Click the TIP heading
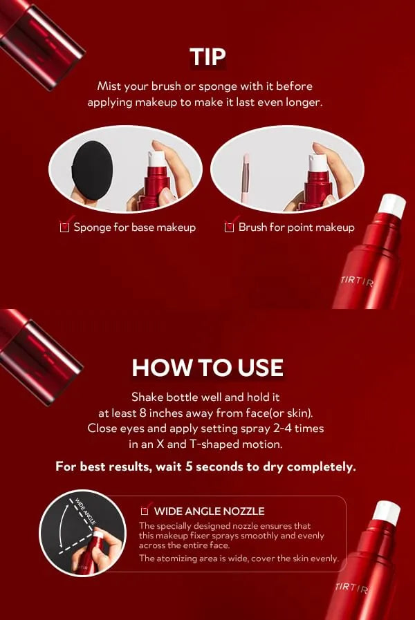click(207, 57)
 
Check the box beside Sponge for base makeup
click(64, 227)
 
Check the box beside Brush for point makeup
click(229, 227)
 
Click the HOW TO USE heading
click(207, 368)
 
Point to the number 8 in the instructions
click(142, 413)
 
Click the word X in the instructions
click(160, 444)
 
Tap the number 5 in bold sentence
click(189, 467)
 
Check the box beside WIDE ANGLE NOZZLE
click(145, 511)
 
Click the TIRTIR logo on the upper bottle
click(357, 281)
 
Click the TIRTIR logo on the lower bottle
click(351, 588)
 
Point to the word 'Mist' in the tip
click(109, 86)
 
